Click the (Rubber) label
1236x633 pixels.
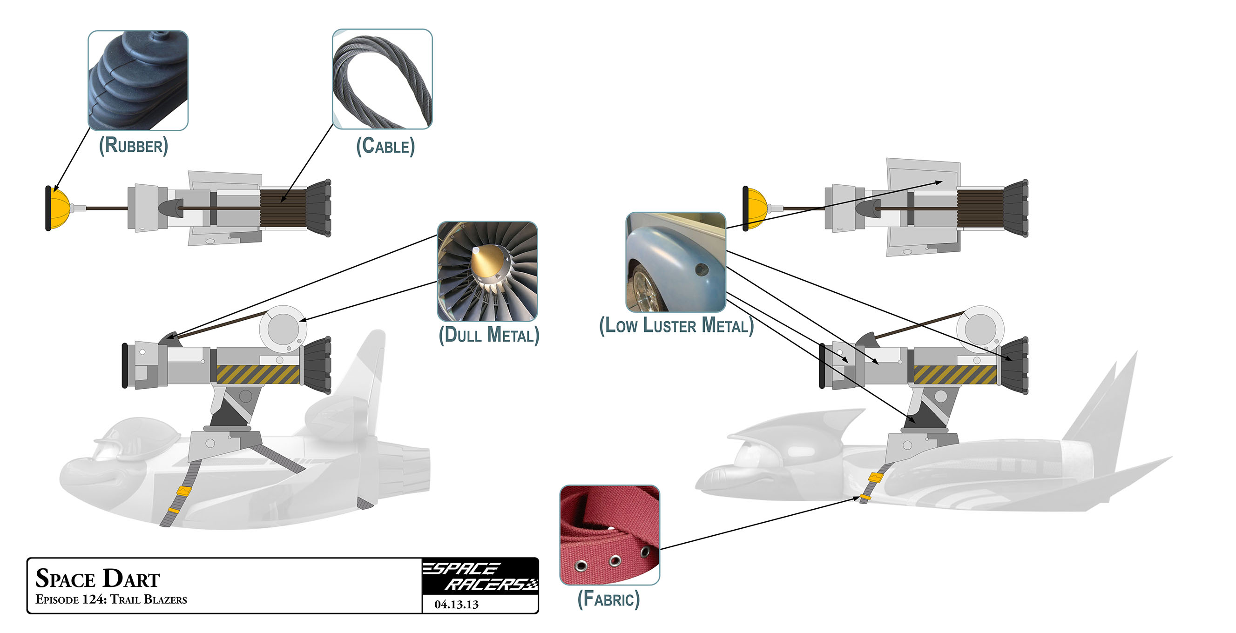pyautogui.click(x=134, y=146)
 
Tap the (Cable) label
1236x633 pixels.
pyautogui.click(x=385, y=146)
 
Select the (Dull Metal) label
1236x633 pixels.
pyautogui.click(x=489, y=335)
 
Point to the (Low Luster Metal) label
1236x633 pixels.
pyautogui.click(x=676, y=326)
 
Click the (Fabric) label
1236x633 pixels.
pyautogui.click(x=608, y=599)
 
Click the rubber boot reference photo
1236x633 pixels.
pyautogui.click(x=138, y=81)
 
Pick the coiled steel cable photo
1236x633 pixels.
pyautogui.click(x=382, y=79)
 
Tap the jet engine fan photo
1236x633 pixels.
pyautogui.click(x=487, y=271)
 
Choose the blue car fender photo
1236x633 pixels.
pyautogui.click(x=675, y=263)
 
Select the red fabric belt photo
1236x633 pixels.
pyautogui.click(x=609, y=535)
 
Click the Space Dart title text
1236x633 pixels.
pyautogui.click(x=98, y=579)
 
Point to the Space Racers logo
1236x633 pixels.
pyautogui.click(x=480, y=576)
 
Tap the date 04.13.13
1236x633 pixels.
pyautogui.click(x=456, y=605)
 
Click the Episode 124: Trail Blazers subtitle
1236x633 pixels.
pyautogui.click(x=111, y=599)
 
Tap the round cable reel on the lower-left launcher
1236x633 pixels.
pyautogui.click(x=283, y=330)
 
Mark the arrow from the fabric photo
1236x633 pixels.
pyautogui.click(x=758, y=523)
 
